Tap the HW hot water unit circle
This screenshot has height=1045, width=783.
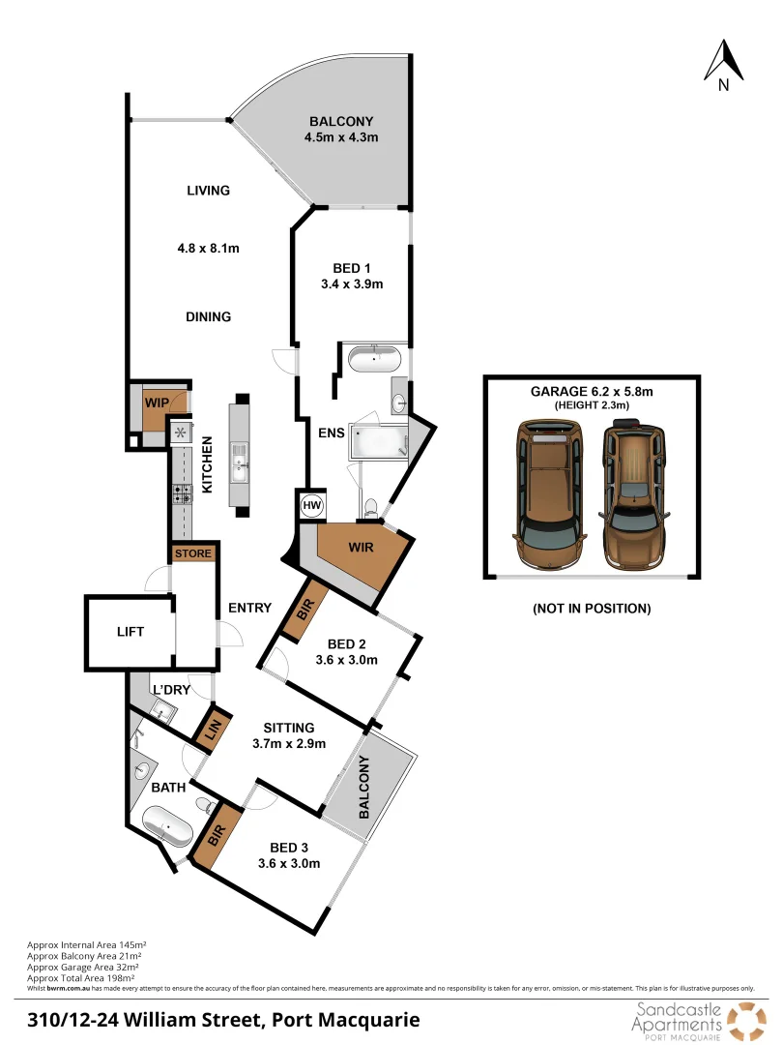tap(311, 505)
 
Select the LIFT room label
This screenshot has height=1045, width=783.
tap(130, 632)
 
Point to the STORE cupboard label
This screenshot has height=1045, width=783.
tap(191, 554)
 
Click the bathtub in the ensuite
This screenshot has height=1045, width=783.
tap(373, 359)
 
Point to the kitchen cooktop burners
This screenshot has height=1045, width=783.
tap(182, 493)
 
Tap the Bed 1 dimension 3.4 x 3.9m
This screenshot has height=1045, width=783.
tap(351, 284)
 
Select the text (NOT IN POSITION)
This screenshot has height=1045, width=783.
tap(591, 609)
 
